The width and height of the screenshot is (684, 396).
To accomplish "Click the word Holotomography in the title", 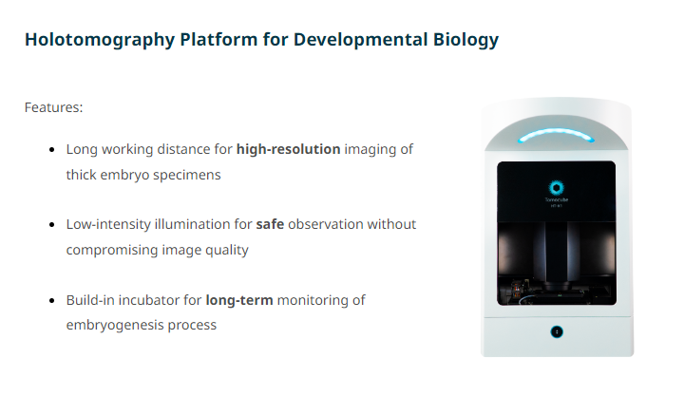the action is pos(100,40).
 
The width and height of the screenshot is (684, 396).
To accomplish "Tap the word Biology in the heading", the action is pos(465,40).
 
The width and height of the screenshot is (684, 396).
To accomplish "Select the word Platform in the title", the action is pos(218,39).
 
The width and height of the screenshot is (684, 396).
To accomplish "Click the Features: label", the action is pos(53,107).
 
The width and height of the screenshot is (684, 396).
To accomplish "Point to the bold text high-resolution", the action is pos(289,149).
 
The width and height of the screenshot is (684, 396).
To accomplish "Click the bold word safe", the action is pos(270,224).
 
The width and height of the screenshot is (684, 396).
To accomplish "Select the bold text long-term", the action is pos(239,300).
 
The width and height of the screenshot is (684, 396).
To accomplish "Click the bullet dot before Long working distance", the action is pos(52,150).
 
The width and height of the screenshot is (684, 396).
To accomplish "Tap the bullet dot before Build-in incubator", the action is pos(52,300).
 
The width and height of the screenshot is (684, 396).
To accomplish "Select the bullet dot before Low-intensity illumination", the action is pos(52,225).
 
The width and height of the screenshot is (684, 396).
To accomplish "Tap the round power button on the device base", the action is pos(557,332).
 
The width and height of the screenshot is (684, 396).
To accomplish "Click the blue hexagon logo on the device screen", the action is pos(556,188).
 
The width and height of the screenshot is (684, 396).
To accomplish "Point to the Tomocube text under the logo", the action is pos(556,199).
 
